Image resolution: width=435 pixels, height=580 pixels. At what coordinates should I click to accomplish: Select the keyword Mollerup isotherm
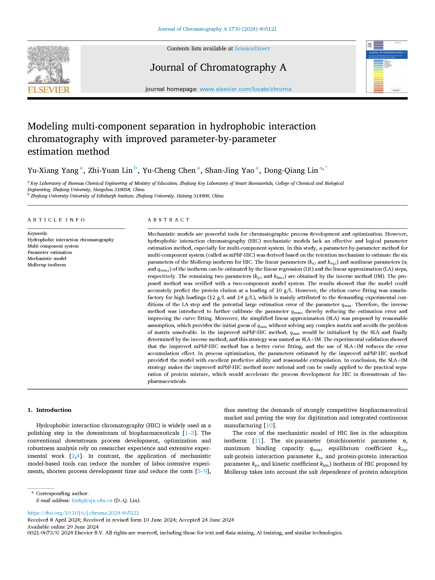[x=47, y=265]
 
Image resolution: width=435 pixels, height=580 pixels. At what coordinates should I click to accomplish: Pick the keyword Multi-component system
[x=53, y=246]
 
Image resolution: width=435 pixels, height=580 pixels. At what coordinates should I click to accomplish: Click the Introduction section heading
[x=53, y=410]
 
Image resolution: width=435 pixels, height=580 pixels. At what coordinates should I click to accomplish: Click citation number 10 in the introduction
[x=269, y=425]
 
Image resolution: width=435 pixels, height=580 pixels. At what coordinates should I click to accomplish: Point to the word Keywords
[x=38, y=233]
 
